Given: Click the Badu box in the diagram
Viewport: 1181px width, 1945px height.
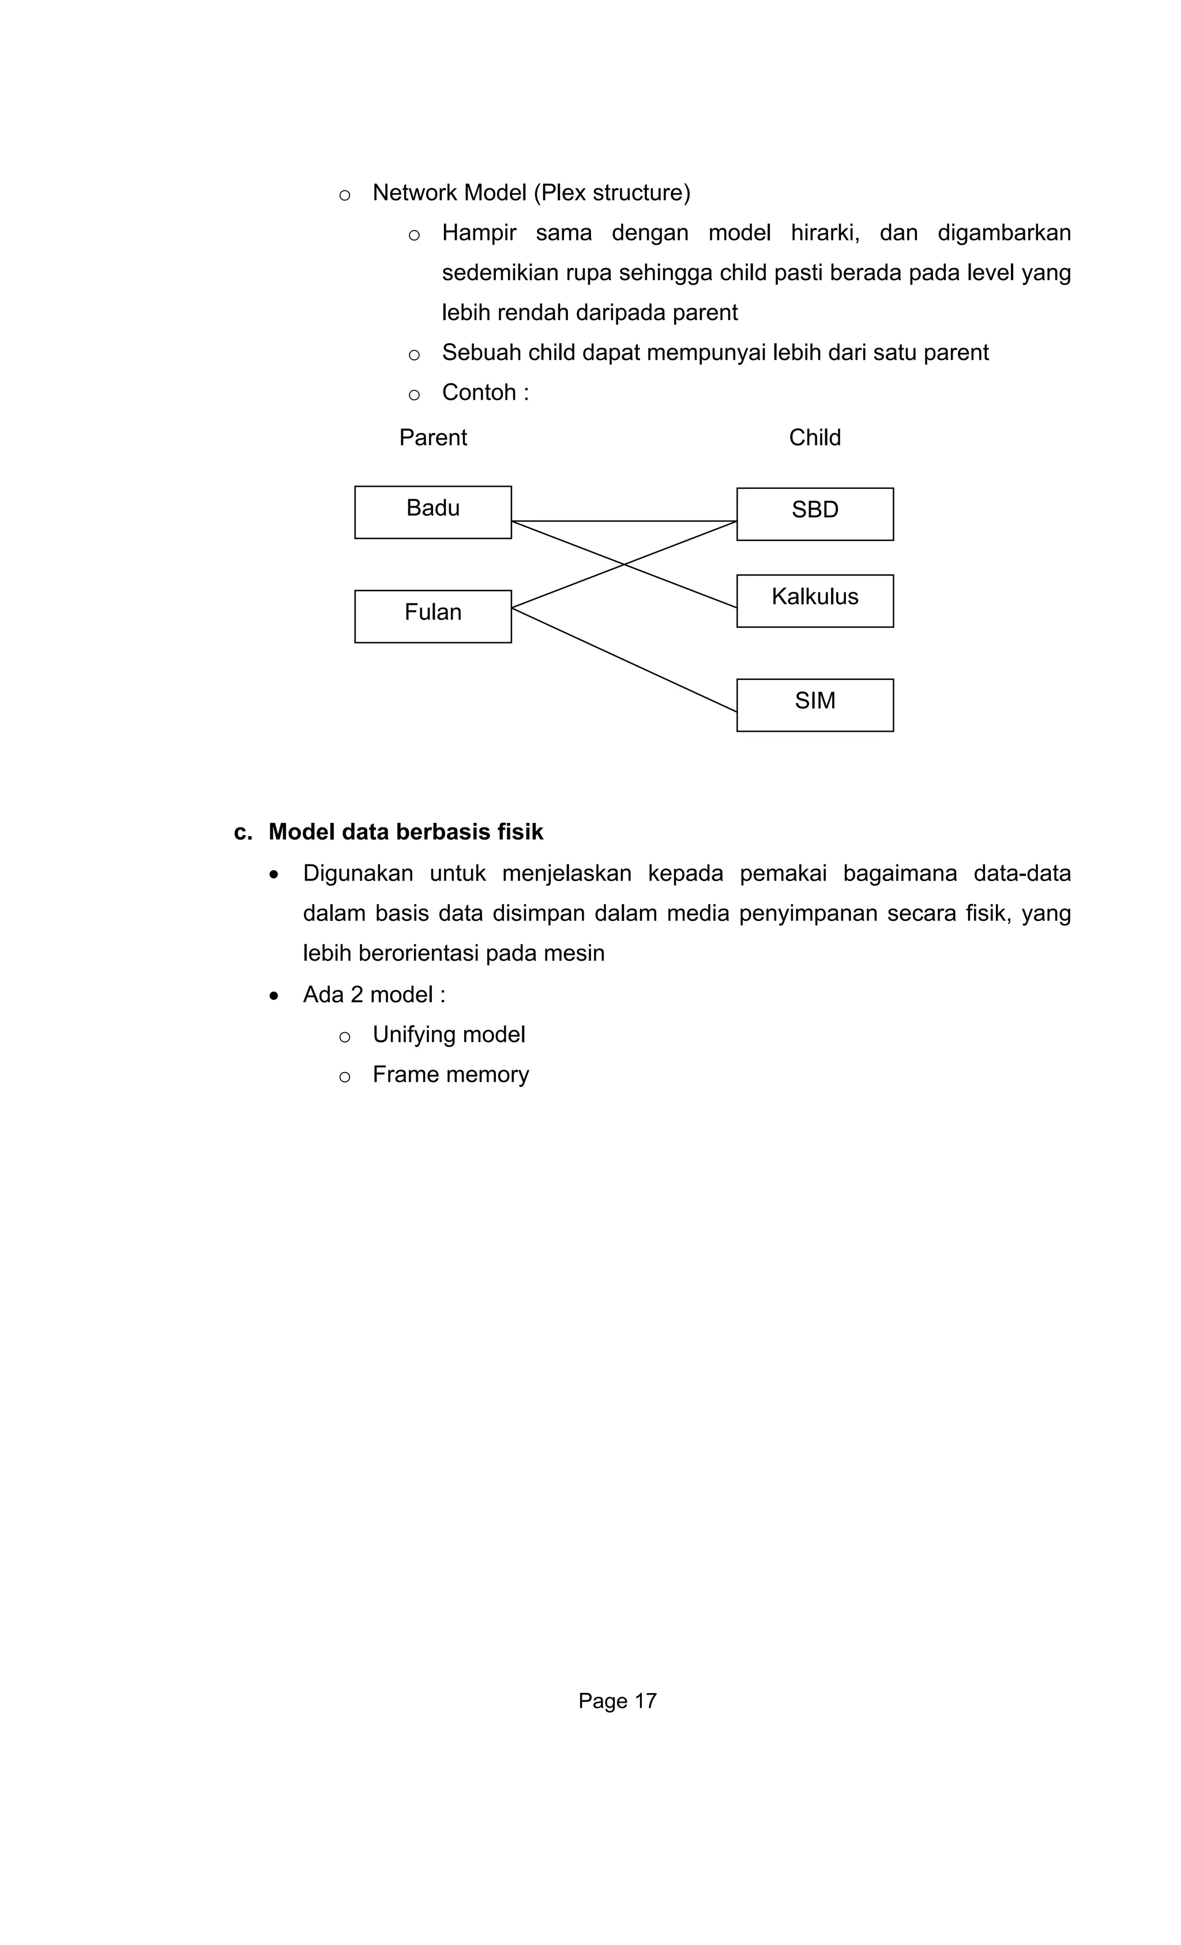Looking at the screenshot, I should (x=432, y=511).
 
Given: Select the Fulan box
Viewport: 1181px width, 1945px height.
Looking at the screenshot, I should (x=432, y=616).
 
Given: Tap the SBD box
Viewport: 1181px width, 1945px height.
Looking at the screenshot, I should (x=815, y=513).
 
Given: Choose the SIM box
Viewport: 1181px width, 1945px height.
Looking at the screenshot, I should (x=815, y=704).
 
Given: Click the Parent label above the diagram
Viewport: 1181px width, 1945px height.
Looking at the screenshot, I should (x=432, y=437).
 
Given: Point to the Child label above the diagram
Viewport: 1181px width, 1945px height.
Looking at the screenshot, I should (x=815, y=437).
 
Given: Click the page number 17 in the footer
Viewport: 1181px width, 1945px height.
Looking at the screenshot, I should (x=645, y=1701).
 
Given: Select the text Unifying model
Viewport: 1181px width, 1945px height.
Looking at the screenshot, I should (x=449, y=1034).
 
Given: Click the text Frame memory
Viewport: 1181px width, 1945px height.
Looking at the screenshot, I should (x=450, y=1074).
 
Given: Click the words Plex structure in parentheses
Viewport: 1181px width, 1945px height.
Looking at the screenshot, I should (x=612, y=193).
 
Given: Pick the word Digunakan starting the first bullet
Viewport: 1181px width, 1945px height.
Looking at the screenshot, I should (x=358, y=873).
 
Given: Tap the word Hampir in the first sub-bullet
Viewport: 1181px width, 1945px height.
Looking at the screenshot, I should (x=479, y=233).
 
